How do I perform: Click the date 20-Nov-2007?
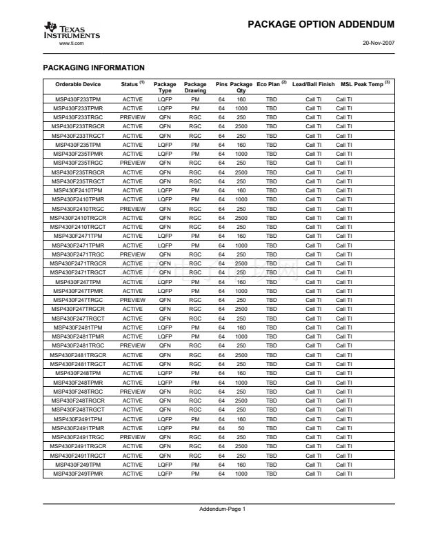tap(378, 42)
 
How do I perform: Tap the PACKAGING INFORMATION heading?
tap(94, 68)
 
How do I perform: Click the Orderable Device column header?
tap(78, 84)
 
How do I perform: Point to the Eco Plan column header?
tap(272, 84)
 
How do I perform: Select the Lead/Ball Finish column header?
tap(313, 84)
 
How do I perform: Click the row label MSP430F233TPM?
tap(79, 99)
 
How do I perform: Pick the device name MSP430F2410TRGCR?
tap(79, 217)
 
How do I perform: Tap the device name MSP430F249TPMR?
tap(79, 474)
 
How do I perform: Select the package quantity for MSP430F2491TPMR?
tap(241, 428)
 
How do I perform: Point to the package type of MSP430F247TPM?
tap(165, 281)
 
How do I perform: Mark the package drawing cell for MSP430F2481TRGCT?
tap(195, 364)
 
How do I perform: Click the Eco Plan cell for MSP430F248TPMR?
tap(271, 382)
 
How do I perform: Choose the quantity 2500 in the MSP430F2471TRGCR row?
tap(241, 263)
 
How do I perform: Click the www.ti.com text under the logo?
tap(72, 43)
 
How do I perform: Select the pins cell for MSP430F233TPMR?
tap(222, 108)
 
